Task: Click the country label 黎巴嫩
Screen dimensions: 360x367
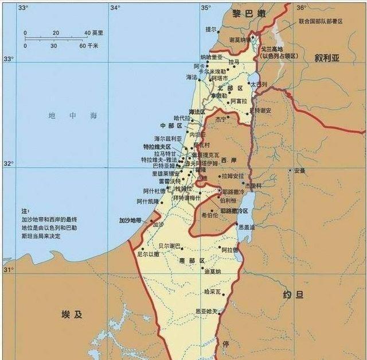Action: coord(249,13)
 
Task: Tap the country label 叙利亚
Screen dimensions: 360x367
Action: coord(327,58)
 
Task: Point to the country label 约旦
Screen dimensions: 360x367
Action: coord(294,296)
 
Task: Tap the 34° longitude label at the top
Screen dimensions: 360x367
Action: coord(115,7)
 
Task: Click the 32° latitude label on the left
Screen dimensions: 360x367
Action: coord(9,164)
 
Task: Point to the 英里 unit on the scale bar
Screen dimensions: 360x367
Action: coord(98,33)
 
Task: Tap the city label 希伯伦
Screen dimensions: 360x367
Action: coord(209,215)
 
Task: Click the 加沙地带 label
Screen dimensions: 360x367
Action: coord(130,220)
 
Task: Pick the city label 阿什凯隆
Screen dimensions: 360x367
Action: coord(147,201)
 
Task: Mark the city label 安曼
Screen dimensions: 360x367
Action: coord(300,171)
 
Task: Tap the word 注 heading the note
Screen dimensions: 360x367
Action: coord(25,211)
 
